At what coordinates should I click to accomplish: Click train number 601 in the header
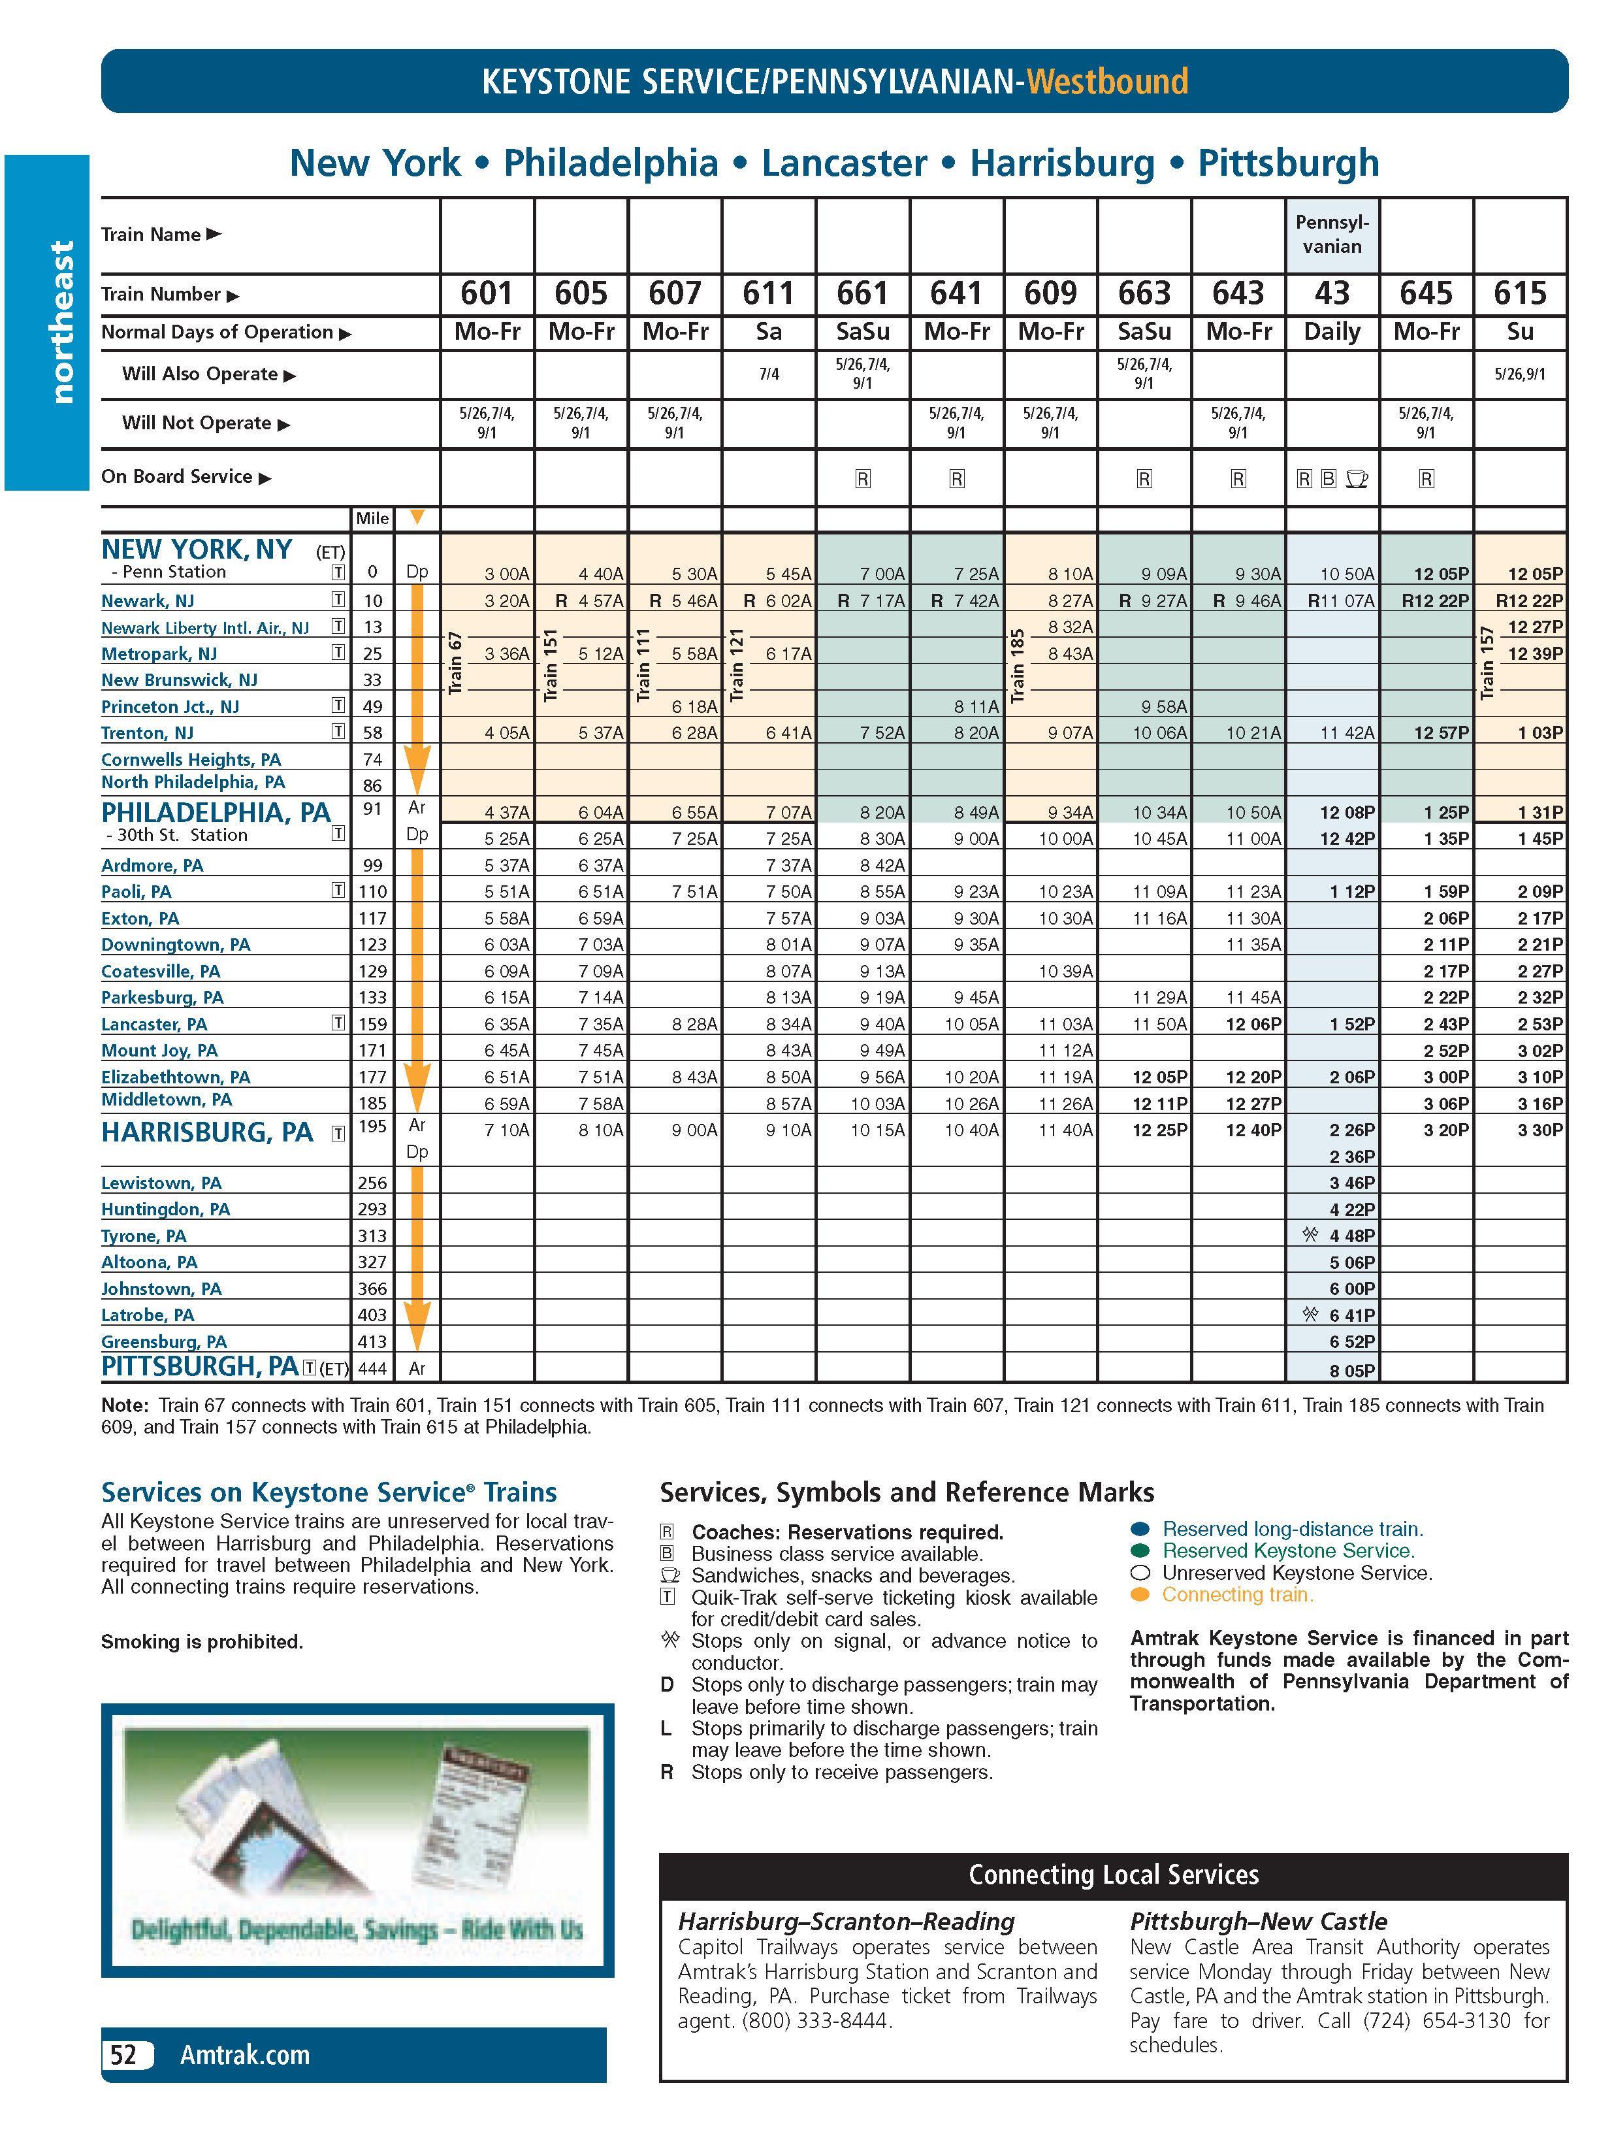[x=487, y=293]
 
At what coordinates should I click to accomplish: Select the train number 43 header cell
[x=1332, y=293]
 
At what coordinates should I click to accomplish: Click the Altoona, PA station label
[x=150, y=1262]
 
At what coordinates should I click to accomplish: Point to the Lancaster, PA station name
[x=154, y=1024]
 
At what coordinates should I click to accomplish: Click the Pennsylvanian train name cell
[x=1332, y=234]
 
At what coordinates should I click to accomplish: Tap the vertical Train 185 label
[x=1018, y=665]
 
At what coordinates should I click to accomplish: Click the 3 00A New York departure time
[x=507, y=574]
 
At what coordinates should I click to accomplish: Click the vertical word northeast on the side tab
[x=61, y=322]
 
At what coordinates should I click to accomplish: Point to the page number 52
[x=124, y=2055]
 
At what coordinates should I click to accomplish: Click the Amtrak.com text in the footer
[x=245, y=2055]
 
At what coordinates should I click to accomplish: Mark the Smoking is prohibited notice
[x=202, y=1641]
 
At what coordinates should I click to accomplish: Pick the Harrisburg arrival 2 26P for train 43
[x=1352, y=1130]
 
